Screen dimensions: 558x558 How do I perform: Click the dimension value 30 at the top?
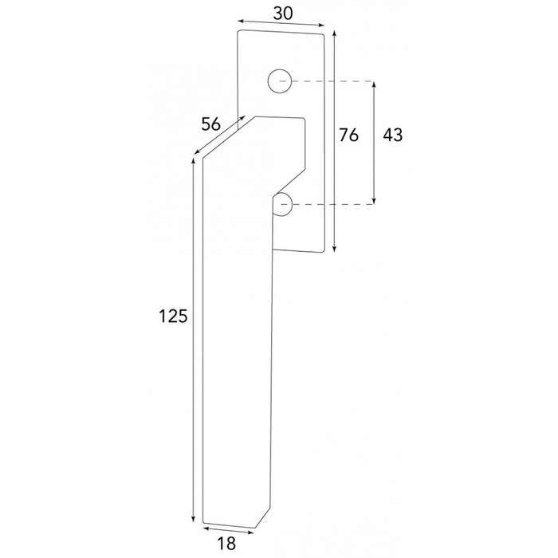(280, 13)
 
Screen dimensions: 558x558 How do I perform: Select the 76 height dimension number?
(348, 136)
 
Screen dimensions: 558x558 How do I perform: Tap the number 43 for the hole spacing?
(392, 136)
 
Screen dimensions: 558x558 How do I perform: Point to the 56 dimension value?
(210, 123)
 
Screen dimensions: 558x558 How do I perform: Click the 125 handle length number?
(173, 316)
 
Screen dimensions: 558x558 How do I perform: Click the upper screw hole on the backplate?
(278, 81)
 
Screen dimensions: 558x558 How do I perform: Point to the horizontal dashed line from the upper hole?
(331, 81)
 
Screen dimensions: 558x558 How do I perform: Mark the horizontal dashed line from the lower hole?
(331, 206)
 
